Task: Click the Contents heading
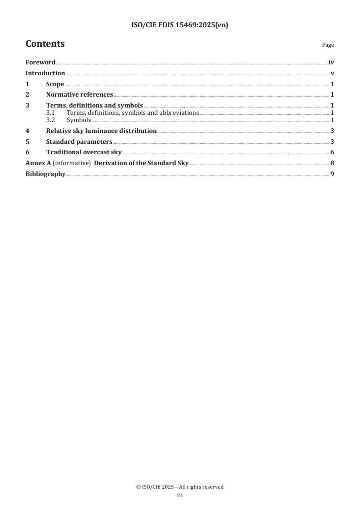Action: [45, 44]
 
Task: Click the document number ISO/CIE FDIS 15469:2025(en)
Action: [179, 25]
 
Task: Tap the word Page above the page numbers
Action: [328, 45]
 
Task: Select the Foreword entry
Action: [40, 63]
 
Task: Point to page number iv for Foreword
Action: [331, 63]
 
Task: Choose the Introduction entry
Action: [45, 73]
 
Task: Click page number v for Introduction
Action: [332, 73]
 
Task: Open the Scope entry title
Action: [55, 84]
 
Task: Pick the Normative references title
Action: [79, 95]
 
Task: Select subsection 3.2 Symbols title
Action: [79, 120]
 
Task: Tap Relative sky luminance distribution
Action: [101, 131]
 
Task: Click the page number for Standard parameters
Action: [332, 142]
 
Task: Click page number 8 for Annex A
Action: [332, 163]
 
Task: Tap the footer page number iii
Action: [179, 496]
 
